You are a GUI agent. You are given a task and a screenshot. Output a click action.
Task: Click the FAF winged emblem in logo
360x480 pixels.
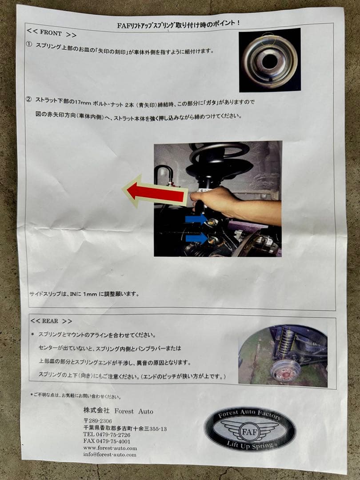(x=250, y=430)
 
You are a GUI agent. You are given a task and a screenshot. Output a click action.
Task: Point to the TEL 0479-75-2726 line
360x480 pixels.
(x=107, y=435)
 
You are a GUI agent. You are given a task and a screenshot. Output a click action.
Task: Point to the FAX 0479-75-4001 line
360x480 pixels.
(x=107, y=441)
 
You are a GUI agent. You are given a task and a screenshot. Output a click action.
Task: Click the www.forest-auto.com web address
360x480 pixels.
(x=110, y=448)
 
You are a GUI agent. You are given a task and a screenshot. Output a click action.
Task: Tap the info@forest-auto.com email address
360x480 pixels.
(x=110, y=454)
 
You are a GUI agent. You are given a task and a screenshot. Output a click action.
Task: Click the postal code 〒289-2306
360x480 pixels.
(x=97, y=421)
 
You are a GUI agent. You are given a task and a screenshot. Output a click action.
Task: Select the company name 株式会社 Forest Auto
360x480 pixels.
(x=118, y=411)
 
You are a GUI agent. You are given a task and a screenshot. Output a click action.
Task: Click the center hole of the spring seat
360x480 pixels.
(x=269, y=62)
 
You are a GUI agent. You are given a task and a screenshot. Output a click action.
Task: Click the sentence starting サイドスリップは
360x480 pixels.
(x=84, y=294)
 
